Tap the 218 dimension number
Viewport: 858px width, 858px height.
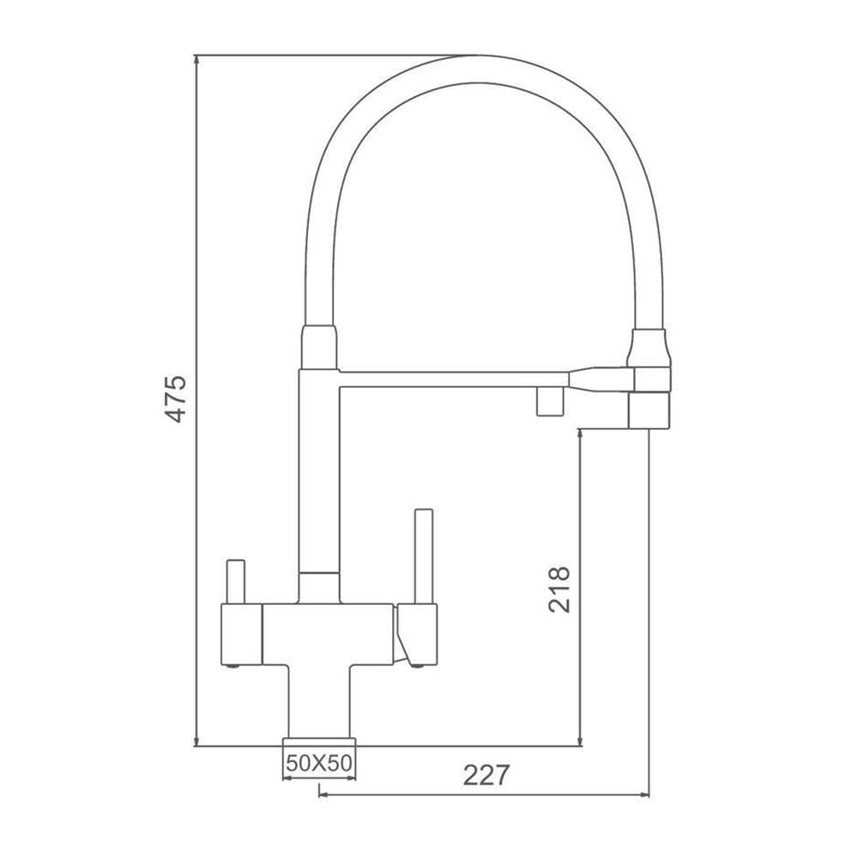point(559,589)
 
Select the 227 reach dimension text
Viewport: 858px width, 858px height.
point(486,775)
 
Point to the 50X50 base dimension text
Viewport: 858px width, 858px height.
point(319,762)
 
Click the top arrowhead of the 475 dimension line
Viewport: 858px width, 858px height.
point(196,60)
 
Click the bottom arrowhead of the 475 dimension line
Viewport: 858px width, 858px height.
point(196,740)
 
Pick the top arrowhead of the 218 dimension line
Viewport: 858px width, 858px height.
point(581,435)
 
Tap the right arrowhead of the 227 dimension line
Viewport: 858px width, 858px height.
point(643,795)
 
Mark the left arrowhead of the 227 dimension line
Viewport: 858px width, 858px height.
point(324,795)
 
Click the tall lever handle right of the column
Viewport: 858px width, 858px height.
point(424,557)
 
